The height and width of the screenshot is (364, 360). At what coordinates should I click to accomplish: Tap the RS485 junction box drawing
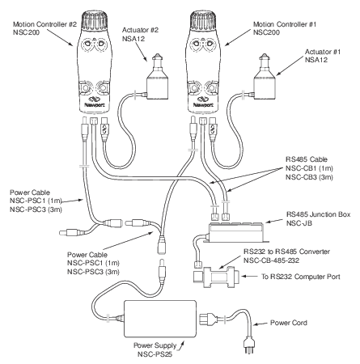pos(237,232)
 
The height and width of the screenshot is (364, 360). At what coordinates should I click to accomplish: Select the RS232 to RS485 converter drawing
pos(217,277)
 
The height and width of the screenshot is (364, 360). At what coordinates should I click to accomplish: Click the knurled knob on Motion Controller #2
pos(95,20)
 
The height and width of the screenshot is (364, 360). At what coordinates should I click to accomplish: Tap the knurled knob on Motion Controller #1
pos(203,20)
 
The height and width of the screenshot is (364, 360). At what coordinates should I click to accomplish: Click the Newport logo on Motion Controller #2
pos(95,102)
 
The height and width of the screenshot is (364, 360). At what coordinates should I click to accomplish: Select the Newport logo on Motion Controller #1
pos(203,102)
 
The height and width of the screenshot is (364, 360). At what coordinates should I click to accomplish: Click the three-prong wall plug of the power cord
pos(248,346)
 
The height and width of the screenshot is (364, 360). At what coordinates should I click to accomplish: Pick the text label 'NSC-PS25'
pos(155,354)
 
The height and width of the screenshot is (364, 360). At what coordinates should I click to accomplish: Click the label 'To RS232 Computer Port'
pos(301,277)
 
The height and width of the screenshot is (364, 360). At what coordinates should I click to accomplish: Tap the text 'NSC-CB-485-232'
pos(271,260)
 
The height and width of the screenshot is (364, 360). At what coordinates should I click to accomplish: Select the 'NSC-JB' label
pos(299,223)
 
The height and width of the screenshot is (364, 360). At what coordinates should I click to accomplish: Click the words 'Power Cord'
pos(289,323)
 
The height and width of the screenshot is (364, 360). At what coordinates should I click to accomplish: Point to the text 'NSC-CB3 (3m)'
pos(309,177)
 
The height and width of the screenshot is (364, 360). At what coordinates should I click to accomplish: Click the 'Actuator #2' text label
pos(140,30)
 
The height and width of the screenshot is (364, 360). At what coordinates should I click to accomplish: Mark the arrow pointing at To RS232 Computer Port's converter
pos(250,277)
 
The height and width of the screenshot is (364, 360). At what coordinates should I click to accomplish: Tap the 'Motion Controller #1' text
pos(285,24)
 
